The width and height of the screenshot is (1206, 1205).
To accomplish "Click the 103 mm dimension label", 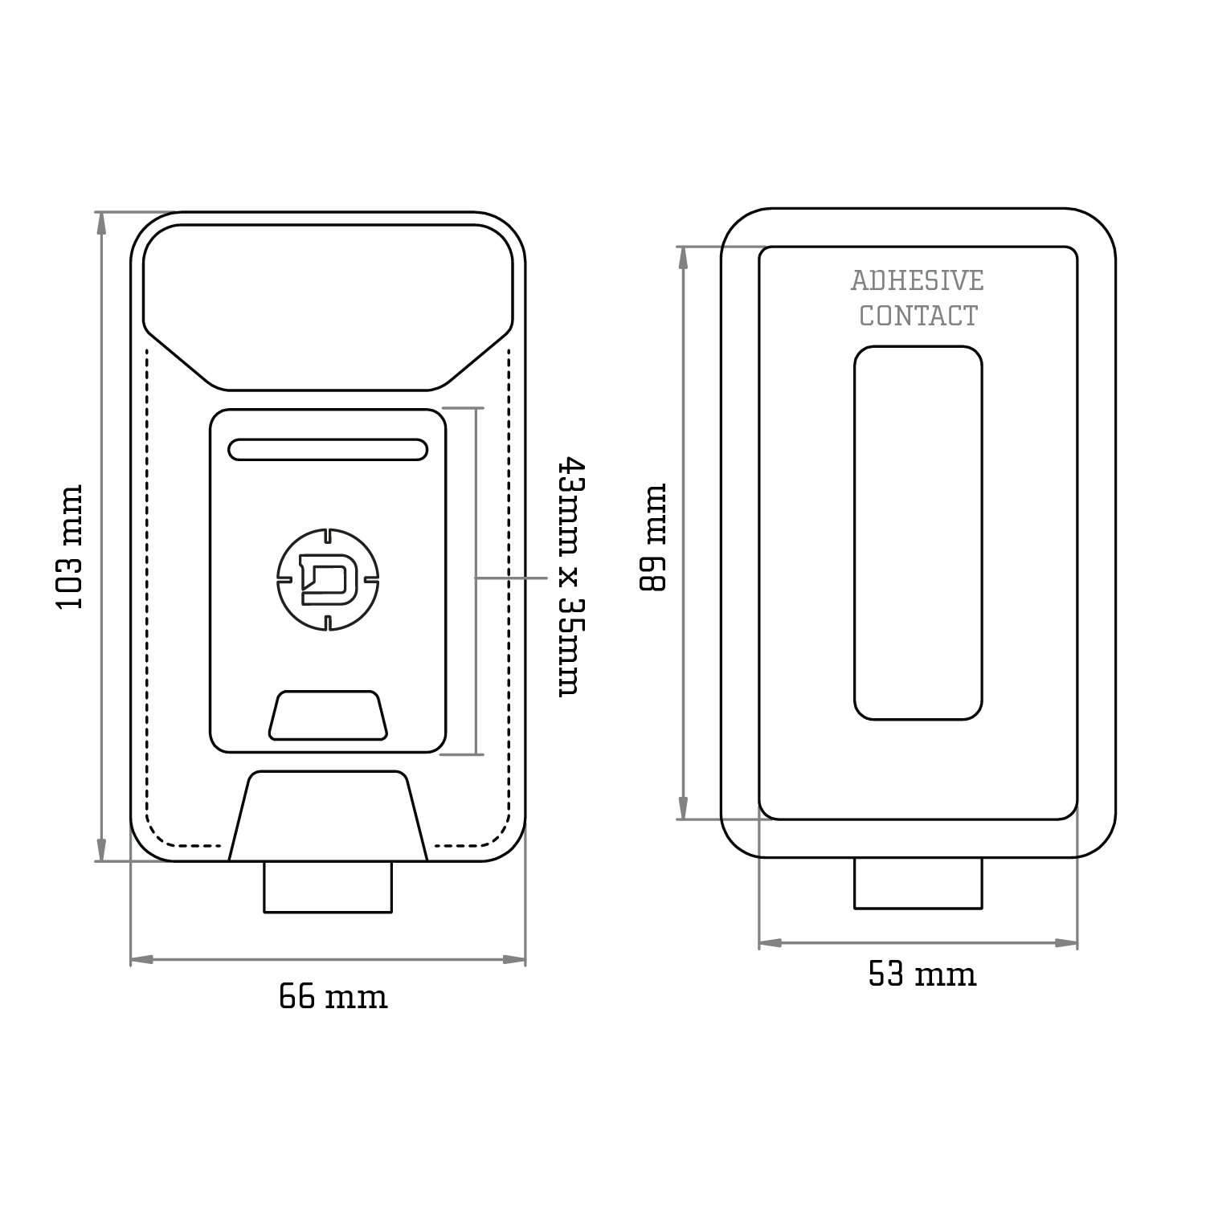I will (71, 546).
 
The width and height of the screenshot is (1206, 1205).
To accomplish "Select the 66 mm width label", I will (333, 997).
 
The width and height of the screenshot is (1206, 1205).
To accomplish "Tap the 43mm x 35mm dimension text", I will (570, 576).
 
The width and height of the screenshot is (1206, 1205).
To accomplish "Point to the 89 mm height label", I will (653, 537).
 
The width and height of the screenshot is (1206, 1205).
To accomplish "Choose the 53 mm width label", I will (922, 974).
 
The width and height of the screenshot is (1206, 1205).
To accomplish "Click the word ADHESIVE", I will (917, 281).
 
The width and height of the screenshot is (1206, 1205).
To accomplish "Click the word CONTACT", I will (918, 317).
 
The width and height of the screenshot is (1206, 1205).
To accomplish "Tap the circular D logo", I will (328, 578).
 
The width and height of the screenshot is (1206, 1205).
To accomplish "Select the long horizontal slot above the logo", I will (328, 450).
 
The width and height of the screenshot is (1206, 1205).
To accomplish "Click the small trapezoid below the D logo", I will (328, 715).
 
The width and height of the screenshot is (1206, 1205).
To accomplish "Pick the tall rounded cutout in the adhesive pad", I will (918, 533).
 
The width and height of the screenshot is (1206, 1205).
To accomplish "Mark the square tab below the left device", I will (328, 887).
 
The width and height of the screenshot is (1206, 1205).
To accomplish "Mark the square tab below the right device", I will (918, 884).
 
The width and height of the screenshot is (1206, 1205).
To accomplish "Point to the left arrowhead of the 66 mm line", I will (141, 959).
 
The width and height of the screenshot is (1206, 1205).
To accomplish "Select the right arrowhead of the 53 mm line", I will (1067, 943).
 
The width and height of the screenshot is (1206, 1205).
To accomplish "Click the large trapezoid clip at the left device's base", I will (328, 815).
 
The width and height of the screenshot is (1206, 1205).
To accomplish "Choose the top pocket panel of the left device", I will (328, 305).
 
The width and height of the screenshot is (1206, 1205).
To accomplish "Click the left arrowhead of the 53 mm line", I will (770, 943).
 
